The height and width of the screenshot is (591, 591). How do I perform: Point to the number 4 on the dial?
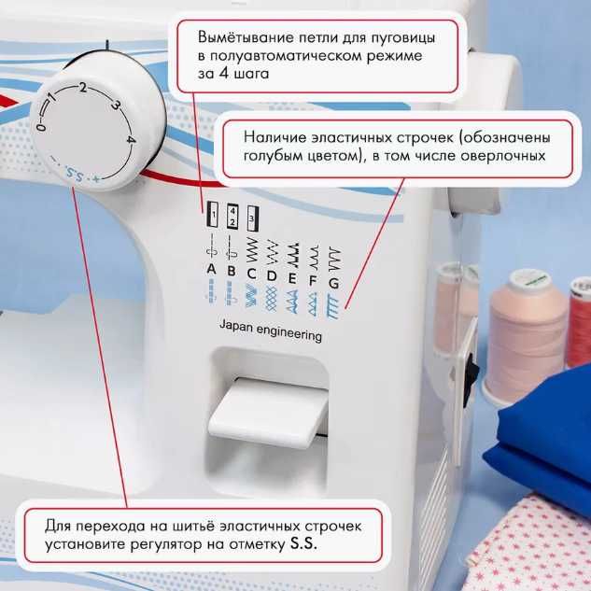pos(132,141)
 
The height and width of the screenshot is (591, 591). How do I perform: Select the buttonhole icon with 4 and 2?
pos(232,218)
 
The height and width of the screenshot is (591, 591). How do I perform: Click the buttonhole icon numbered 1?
pos(212,216)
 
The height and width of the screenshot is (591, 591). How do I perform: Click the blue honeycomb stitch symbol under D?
pos(271,298)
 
